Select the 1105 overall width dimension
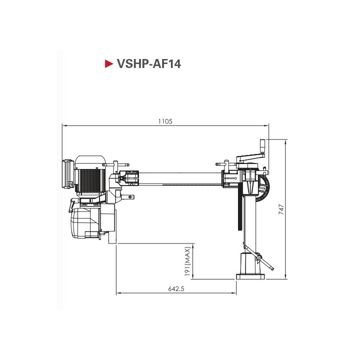coord(165,121)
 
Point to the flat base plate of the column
coord(250,275)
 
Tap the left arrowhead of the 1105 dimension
coord(64,126)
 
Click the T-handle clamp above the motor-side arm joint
coord(119,163)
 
